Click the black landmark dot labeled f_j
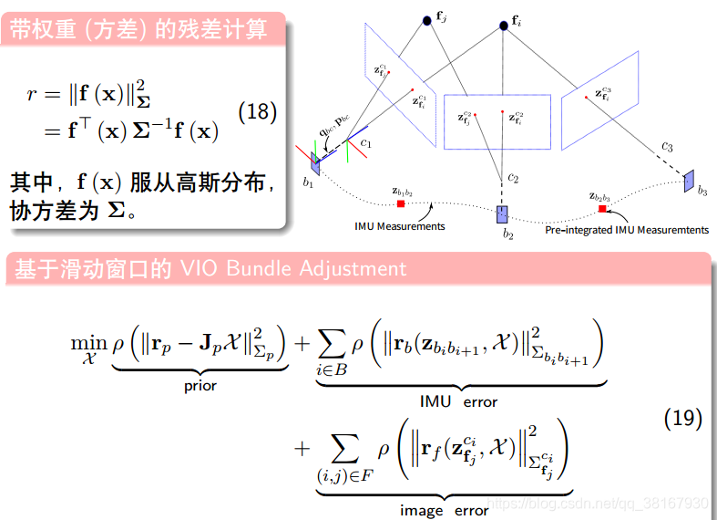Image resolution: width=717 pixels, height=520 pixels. [425, 18]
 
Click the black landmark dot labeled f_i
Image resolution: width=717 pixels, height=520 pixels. [504, 24]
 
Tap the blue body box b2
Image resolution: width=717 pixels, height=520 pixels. [502, 214]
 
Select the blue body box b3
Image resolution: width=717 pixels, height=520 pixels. [690, 179]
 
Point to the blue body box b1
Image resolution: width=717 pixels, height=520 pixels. [315, 164]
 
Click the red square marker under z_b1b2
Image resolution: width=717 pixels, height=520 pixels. [401, 203]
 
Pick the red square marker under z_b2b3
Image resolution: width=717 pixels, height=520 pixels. [602, 209]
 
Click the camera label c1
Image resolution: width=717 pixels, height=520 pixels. [365, 143]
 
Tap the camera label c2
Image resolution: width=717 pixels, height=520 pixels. [513, 177]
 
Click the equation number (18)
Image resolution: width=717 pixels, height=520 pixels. [257, 112]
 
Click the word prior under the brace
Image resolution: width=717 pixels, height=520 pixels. [200, 385]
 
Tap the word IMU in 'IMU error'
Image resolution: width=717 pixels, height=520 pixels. [435, 400]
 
